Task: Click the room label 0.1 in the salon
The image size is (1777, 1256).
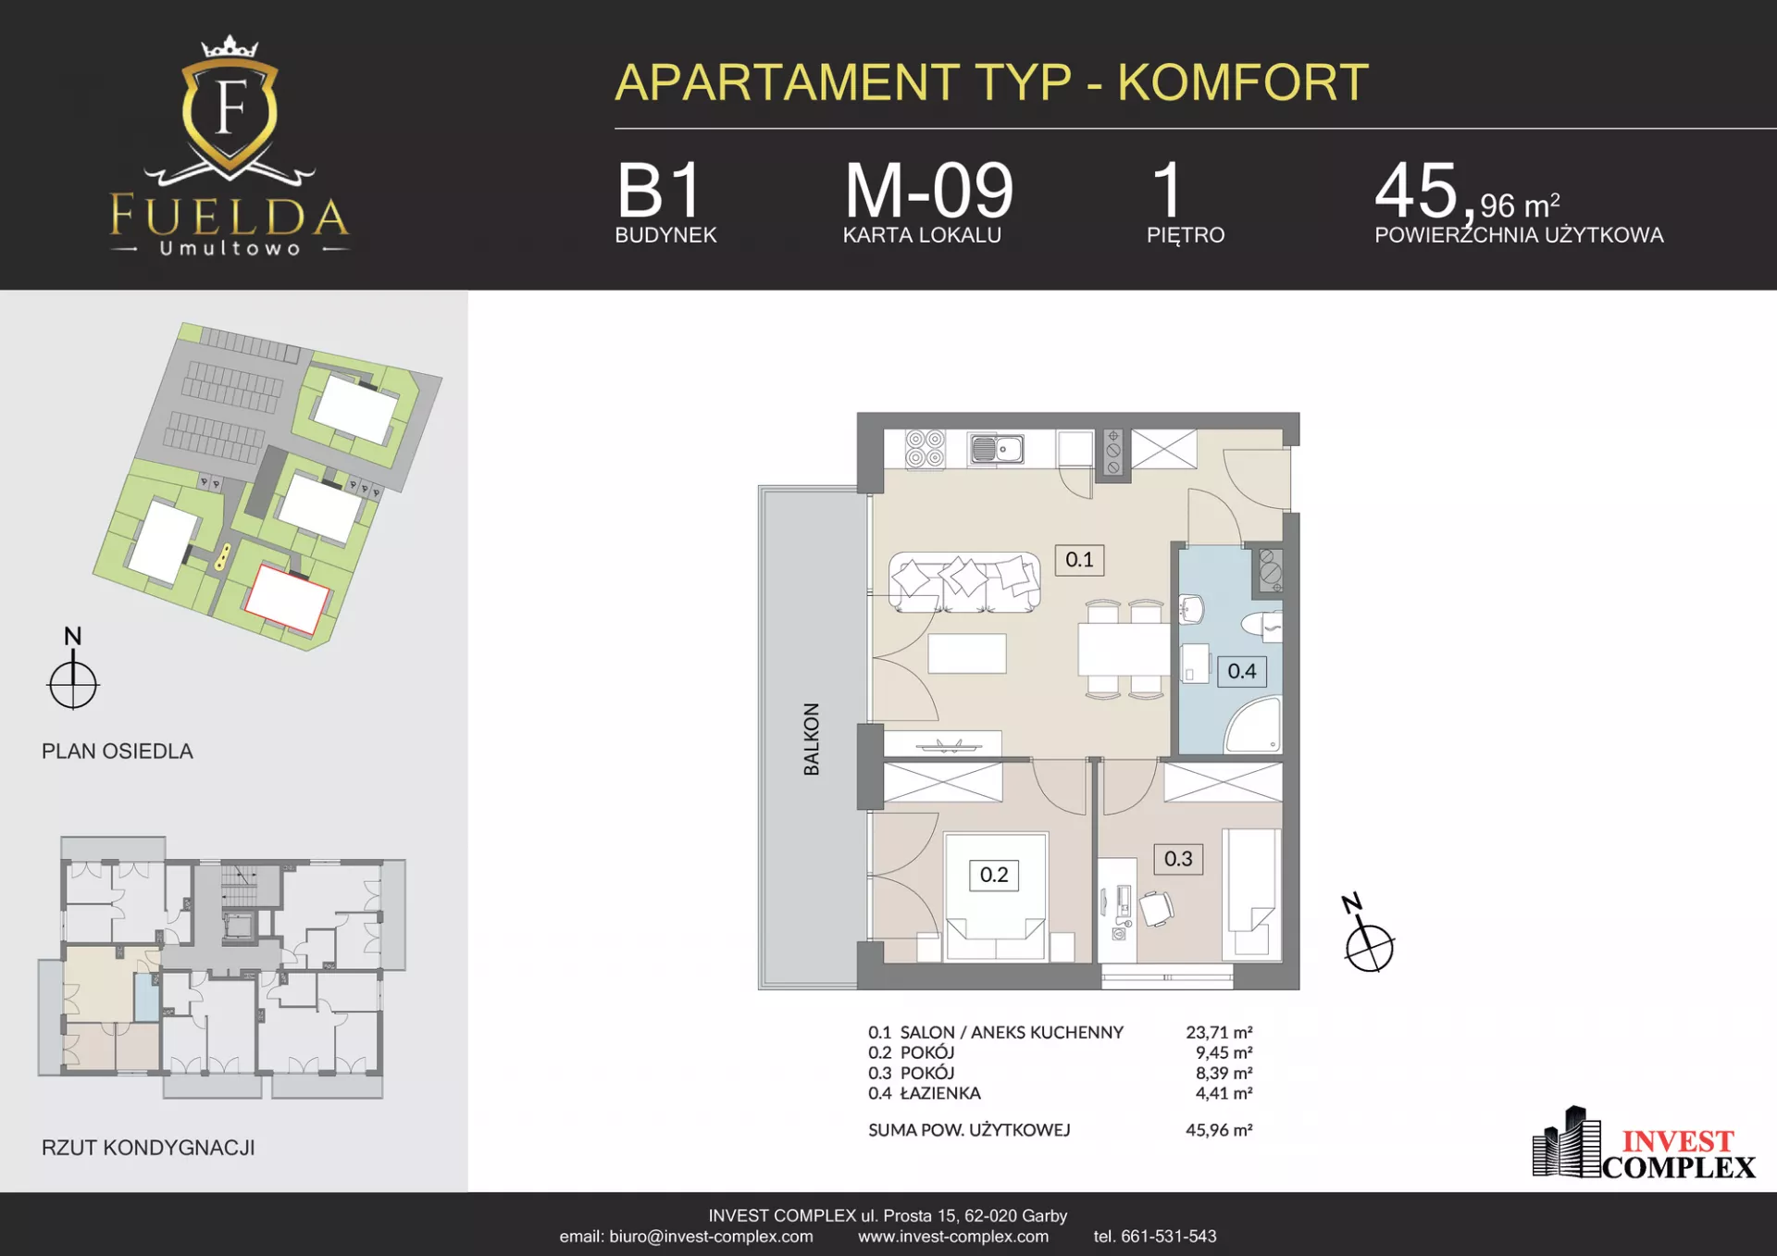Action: [x=1079, y=560]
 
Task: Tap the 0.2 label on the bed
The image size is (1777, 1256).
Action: [x=994, y=875]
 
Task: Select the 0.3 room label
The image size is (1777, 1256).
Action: [x=1178, y=859]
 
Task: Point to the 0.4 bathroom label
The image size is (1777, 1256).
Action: [x=1242, y=671]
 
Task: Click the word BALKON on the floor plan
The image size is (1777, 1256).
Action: [x=812, y=739]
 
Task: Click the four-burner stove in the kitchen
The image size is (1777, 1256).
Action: [x=925, y=449]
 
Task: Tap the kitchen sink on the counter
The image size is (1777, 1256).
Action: [x=996, y=449]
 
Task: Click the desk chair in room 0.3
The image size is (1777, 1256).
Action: [x=1157, y=908]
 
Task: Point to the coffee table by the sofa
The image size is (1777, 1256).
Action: [x=967, y=653]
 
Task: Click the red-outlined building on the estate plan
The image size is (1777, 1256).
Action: [x=287, y=599]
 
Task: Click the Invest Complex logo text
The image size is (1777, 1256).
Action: [x=1678, y=1154]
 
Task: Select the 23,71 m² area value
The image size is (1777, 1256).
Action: [x=1219, y=1032]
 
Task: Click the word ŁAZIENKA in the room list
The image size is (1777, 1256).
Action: [x=940, y=1093]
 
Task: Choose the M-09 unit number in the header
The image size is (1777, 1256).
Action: [x=928, y=191]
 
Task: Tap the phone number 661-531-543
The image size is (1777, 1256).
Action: [x=1169, y=1237]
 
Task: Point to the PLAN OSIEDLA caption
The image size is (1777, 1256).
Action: [x=118, y=752]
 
